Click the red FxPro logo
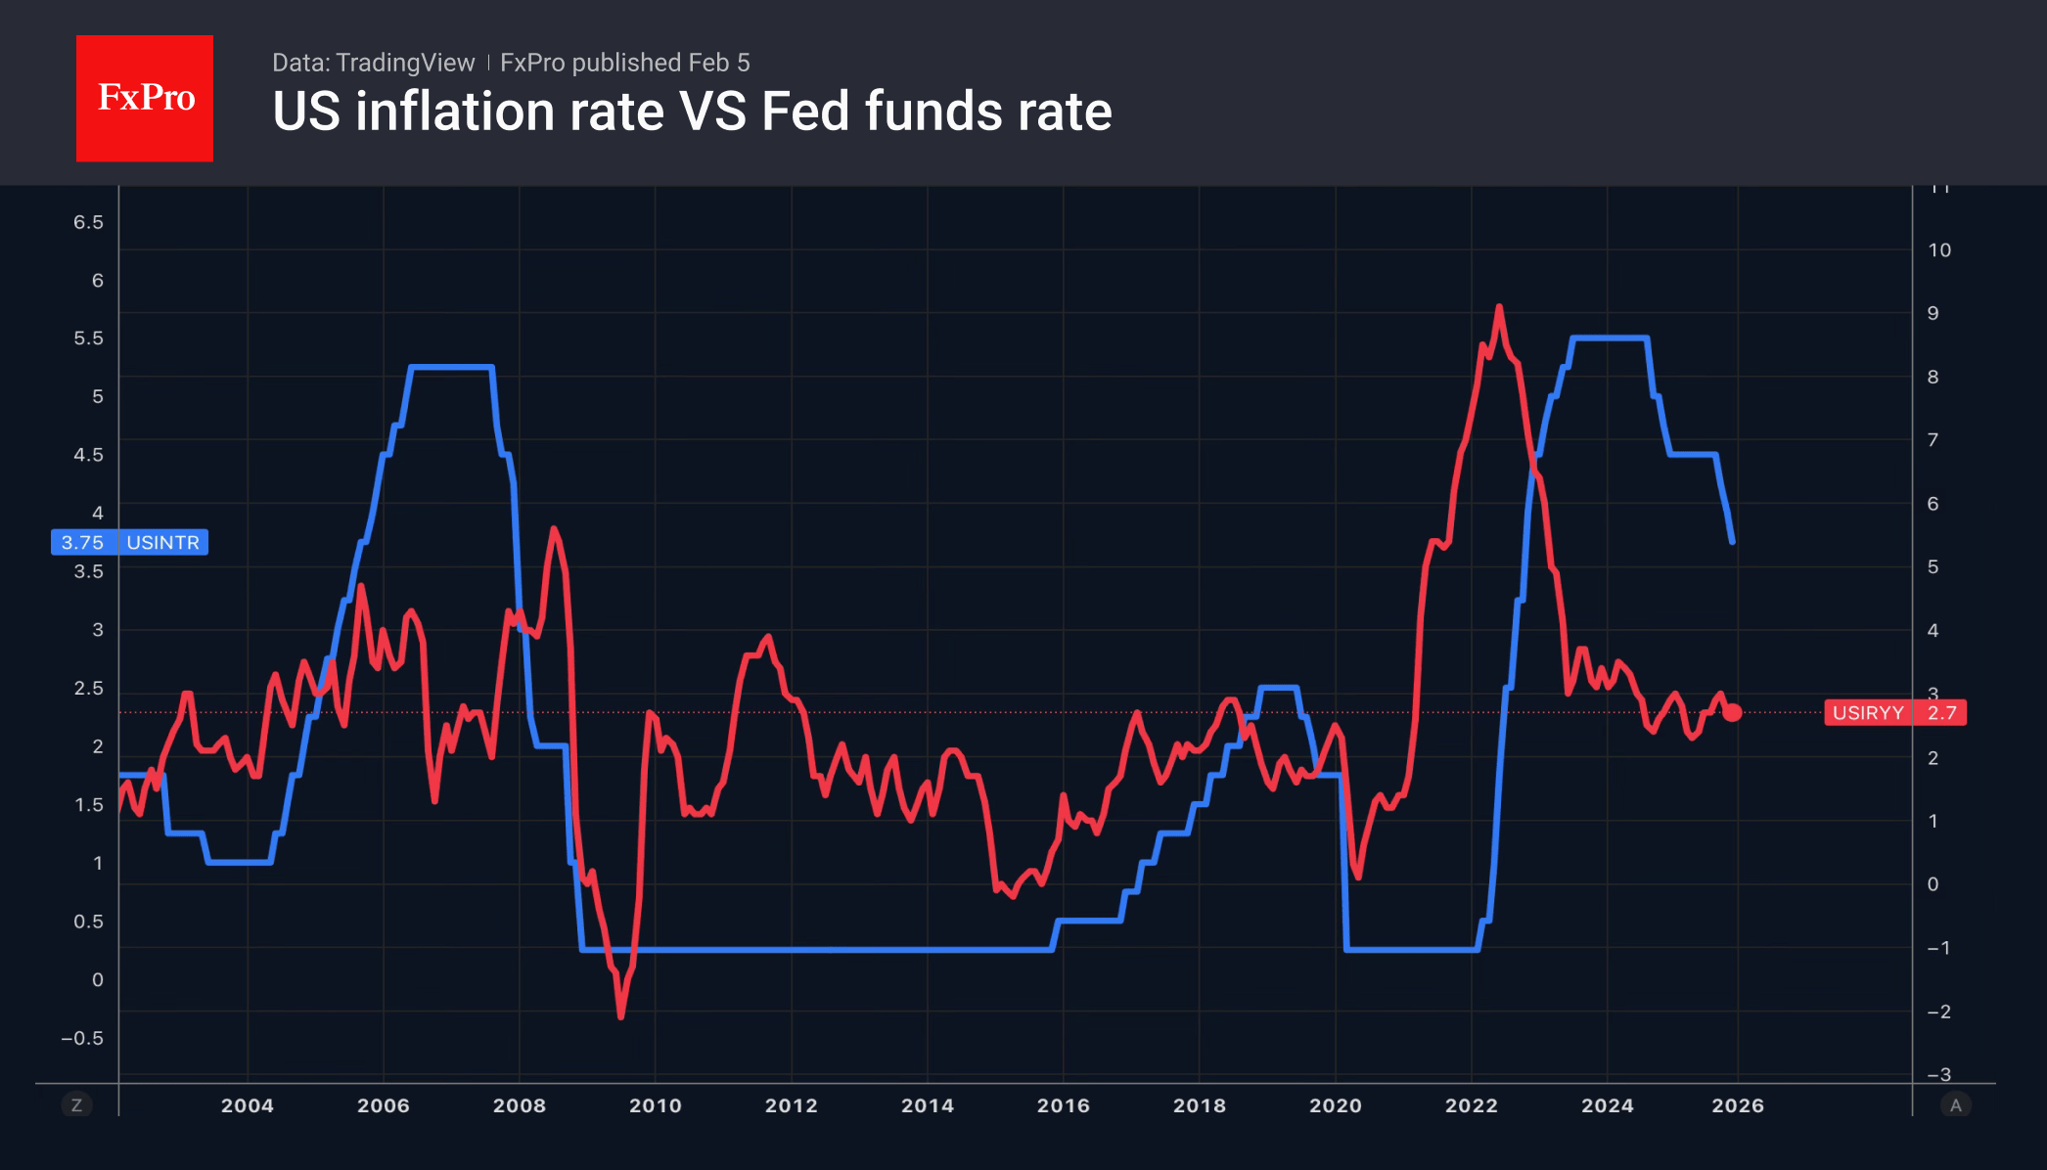click(x=145, y=98)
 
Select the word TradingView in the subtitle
click(x=404, y=63)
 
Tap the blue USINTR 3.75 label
click(x=129, y=542)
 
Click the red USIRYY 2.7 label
click(x=1894, y=712)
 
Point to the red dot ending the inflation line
click(x=1732, y=712)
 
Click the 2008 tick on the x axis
click(x=519, y=1105)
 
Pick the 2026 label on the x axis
click(x=1737, y=1105)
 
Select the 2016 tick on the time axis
click(x=1063, y=1105)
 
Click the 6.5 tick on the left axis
click(x=88, y=222)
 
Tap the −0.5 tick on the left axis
click(x=82, y=1038)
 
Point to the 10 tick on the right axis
click(x=1938, y=250)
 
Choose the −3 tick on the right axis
click(x=1938, y=1075)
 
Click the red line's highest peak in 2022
click(x=1499, y=307)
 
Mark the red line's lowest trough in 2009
click(x=621, y=1016)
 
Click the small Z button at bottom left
click(x=76, y=1105)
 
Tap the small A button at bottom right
click(x=1955, y=1105)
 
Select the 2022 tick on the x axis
click(x=1471, y=1105)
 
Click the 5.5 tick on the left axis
click(x=88, y=338)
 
